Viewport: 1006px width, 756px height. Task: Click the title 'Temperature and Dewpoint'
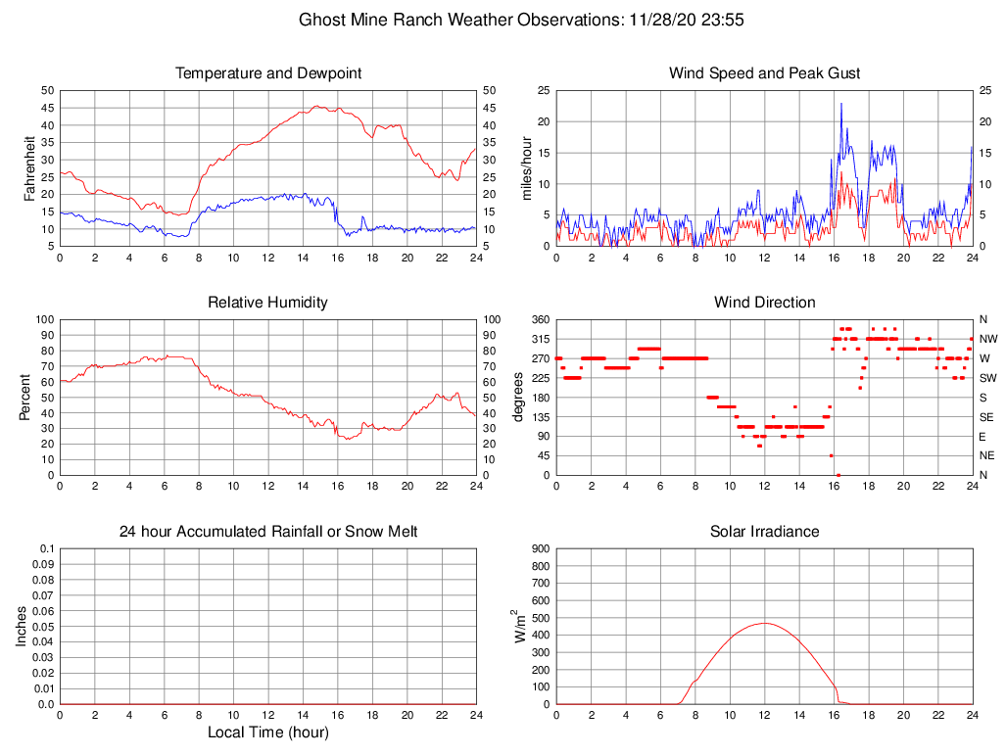[267, 73]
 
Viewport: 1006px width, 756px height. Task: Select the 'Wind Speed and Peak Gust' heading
[764, 73]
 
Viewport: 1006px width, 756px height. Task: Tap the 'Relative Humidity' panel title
[267, 303]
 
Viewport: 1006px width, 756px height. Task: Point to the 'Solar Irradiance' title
[764, 532]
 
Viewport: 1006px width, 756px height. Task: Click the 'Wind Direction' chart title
[764, 303]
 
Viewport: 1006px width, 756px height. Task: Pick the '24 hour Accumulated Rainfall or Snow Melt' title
[267, 532]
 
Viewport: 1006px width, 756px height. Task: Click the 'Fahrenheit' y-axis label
[29, 167]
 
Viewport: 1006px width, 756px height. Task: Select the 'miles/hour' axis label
[527, 167]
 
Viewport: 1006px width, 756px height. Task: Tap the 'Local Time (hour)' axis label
[267, 732]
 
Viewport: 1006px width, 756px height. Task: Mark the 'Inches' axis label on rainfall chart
[22, 626]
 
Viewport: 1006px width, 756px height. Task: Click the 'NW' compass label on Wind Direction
[988, 339]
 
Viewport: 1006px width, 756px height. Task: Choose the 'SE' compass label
[987, 416]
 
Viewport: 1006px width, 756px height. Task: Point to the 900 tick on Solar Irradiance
[540, 549]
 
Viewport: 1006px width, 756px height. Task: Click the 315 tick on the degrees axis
[538, 339]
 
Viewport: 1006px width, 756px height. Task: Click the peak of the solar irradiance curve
[765, 623]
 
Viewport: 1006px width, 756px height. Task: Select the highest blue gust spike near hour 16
[840, 103]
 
